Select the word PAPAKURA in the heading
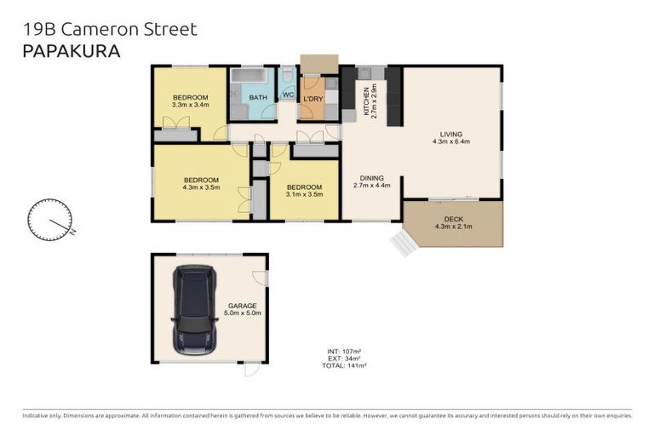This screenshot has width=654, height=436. coord(70,51)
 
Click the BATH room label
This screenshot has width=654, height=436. coord(258,98)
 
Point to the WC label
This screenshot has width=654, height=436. coord(288,95)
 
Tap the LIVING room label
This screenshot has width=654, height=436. coord(451,133)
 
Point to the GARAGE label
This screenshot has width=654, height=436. coord(242,306)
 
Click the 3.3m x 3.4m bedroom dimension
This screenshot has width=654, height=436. coord(191,106)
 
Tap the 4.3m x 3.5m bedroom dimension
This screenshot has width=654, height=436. coord(202,187)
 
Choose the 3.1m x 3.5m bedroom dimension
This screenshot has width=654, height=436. coord(304,194)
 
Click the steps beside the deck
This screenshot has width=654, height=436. coord(402,244)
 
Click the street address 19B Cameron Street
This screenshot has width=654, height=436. coord(108,29)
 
